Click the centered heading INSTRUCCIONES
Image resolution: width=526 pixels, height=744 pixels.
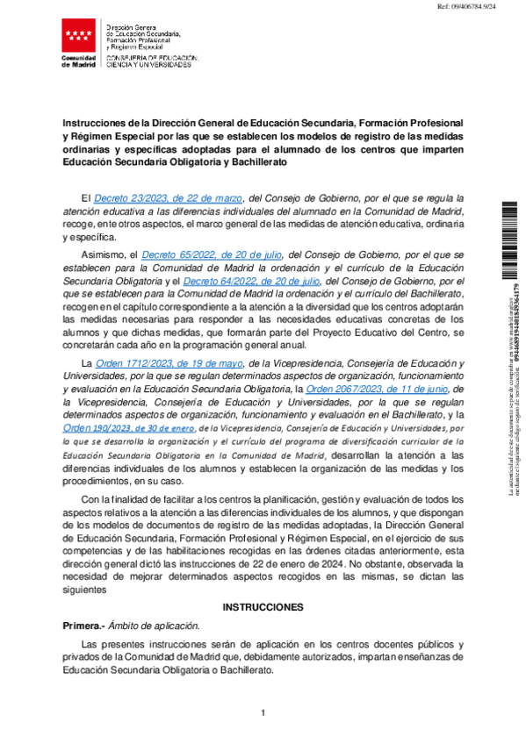pyautogui.click(x=263, y=607)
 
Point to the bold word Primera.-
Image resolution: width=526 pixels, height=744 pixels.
pyautogui.click(x=83, y=626)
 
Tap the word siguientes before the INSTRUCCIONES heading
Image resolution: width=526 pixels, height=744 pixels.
pyautogui.click(x=83, y=590)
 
